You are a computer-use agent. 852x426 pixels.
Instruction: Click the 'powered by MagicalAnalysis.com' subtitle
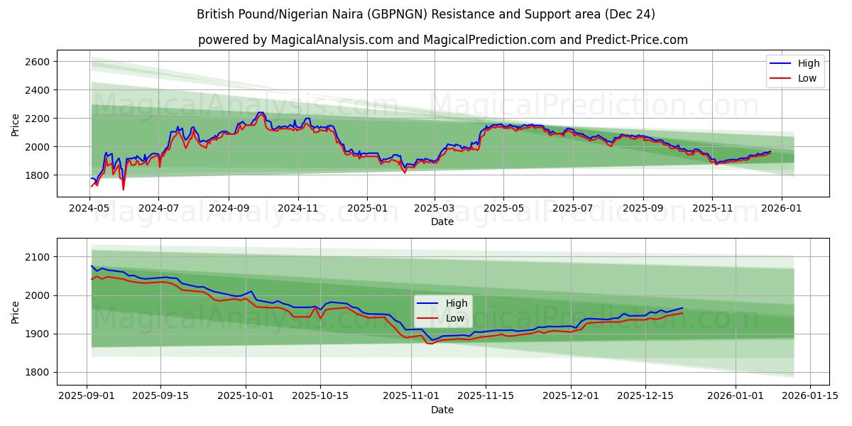coord(443,40)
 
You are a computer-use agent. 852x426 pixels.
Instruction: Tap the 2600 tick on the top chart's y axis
coord(37,62)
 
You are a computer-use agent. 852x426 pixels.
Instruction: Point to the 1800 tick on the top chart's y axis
coord(37,175)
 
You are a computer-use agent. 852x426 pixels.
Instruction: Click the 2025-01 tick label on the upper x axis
coord(367,209)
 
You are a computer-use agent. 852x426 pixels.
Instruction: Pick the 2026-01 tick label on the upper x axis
coord(782,209)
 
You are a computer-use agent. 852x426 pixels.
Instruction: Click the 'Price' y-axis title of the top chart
coord(16,125)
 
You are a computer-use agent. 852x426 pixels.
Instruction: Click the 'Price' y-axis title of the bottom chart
coord(16,312)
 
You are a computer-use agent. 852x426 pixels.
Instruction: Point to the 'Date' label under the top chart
coord(443,222)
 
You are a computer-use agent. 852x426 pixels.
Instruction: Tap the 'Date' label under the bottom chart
coord(443,410)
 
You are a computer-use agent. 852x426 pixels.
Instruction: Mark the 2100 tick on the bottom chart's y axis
coord(37,257)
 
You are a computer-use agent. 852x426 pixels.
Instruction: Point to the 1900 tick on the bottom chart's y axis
coord(37,334)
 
